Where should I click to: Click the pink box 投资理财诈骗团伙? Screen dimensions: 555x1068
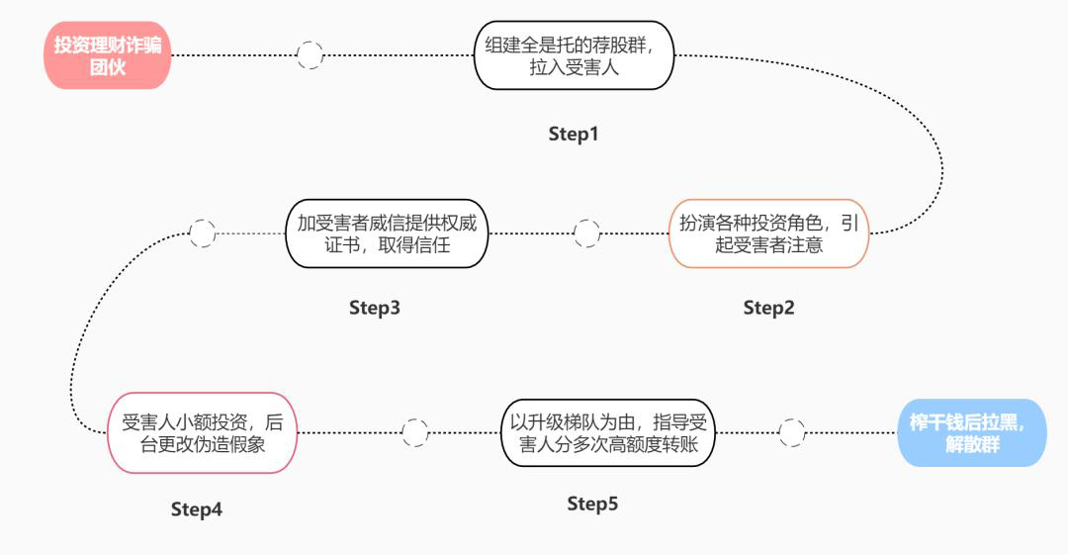tap(107, 55)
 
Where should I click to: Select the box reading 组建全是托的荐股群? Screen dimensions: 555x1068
tap(574, 55)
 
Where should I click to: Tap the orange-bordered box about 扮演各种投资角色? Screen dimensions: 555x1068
tap(768, 233)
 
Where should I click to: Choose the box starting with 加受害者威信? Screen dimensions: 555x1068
tap(387, 233)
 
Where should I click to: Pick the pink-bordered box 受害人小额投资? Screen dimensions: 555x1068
tap(202, 433)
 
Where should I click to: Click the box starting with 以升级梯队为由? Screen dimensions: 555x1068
tap(607, 432)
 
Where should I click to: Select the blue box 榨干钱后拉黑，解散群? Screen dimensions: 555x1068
tap(971, 432)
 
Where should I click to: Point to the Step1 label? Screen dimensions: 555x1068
tap(574, 134)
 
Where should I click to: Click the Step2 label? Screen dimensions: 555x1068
tap(768, 308)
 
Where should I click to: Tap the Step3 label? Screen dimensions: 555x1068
tap(375, 308)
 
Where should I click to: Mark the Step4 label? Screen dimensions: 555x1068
tap(197, 509)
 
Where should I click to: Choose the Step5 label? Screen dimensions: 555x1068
tap(592, 505)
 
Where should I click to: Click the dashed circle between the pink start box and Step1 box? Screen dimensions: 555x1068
tap(311, 55)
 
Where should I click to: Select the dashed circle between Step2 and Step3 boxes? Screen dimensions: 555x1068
tap(586, 233)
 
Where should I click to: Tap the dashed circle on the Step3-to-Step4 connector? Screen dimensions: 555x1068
tap(202, 233)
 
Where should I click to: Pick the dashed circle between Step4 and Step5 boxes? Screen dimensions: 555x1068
tap(414, 432)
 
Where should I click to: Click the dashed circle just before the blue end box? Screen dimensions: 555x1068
tap(791, 432)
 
